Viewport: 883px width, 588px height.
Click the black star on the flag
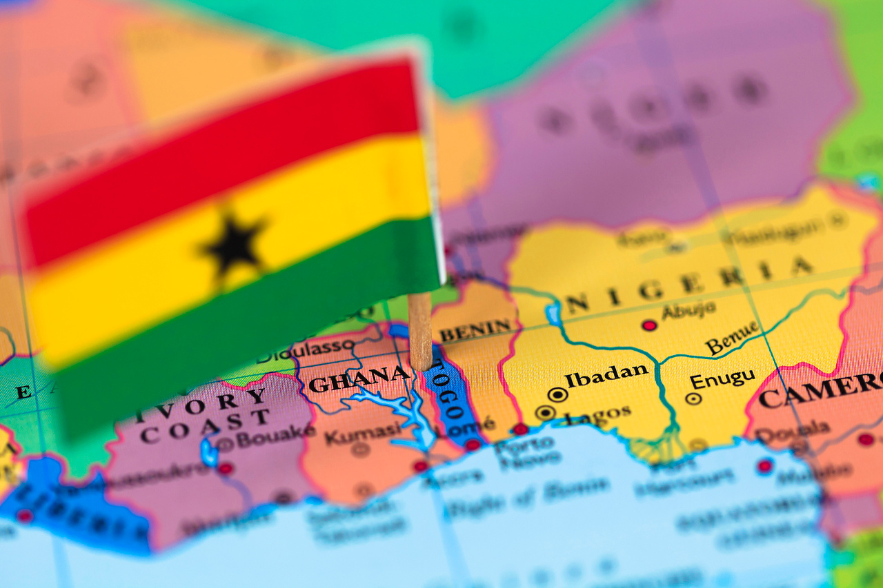[235, 245]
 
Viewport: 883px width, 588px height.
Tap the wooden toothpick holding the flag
[419, 331]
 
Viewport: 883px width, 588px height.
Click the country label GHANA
[359, 379]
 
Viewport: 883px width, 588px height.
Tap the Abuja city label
[688, 311]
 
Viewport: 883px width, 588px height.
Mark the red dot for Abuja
[648, 325]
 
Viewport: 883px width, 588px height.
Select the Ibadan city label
[606, 375]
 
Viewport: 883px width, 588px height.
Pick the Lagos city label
[597, 414]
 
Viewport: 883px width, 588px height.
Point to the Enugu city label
[722, 379]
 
